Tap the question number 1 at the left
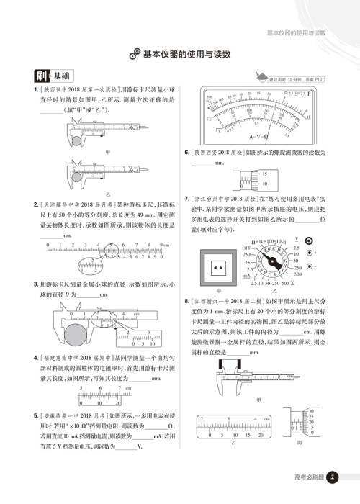[x=26, y=90]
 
